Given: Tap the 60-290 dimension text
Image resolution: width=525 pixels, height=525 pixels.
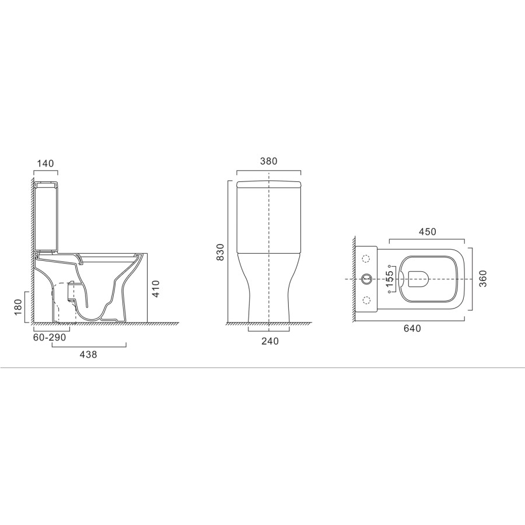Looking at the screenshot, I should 50,338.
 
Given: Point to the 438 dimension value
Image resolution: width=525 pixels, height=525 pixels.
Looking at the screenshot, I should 89,354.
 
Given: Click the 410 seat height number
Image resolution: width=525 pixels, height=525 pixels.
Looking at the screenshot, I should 155,288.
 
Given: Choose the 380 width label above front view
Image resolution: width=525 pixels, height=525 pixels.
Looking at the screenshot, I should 268,161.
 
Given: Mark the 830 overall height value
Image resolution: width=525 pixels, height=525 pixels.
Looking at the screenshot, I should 220,252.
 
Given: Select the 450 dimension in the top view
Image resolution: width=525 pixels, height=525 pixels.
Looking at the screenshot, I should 426,232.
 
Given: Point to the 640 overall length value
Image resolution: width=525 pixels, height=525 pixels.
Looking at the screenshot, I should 412,329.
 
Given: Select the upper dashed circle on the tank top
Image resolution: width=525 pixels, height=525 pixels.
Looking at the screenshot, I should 367,259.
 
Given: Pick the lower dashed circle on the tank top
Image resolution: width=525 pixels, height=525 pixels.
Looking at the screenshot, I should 367,300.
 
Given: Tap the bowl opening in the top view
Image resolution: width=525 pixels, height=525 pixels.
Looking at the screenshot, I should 419,279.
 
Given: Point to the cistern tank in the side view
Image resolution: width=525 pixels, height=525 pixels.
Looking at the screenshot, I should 45,219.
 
